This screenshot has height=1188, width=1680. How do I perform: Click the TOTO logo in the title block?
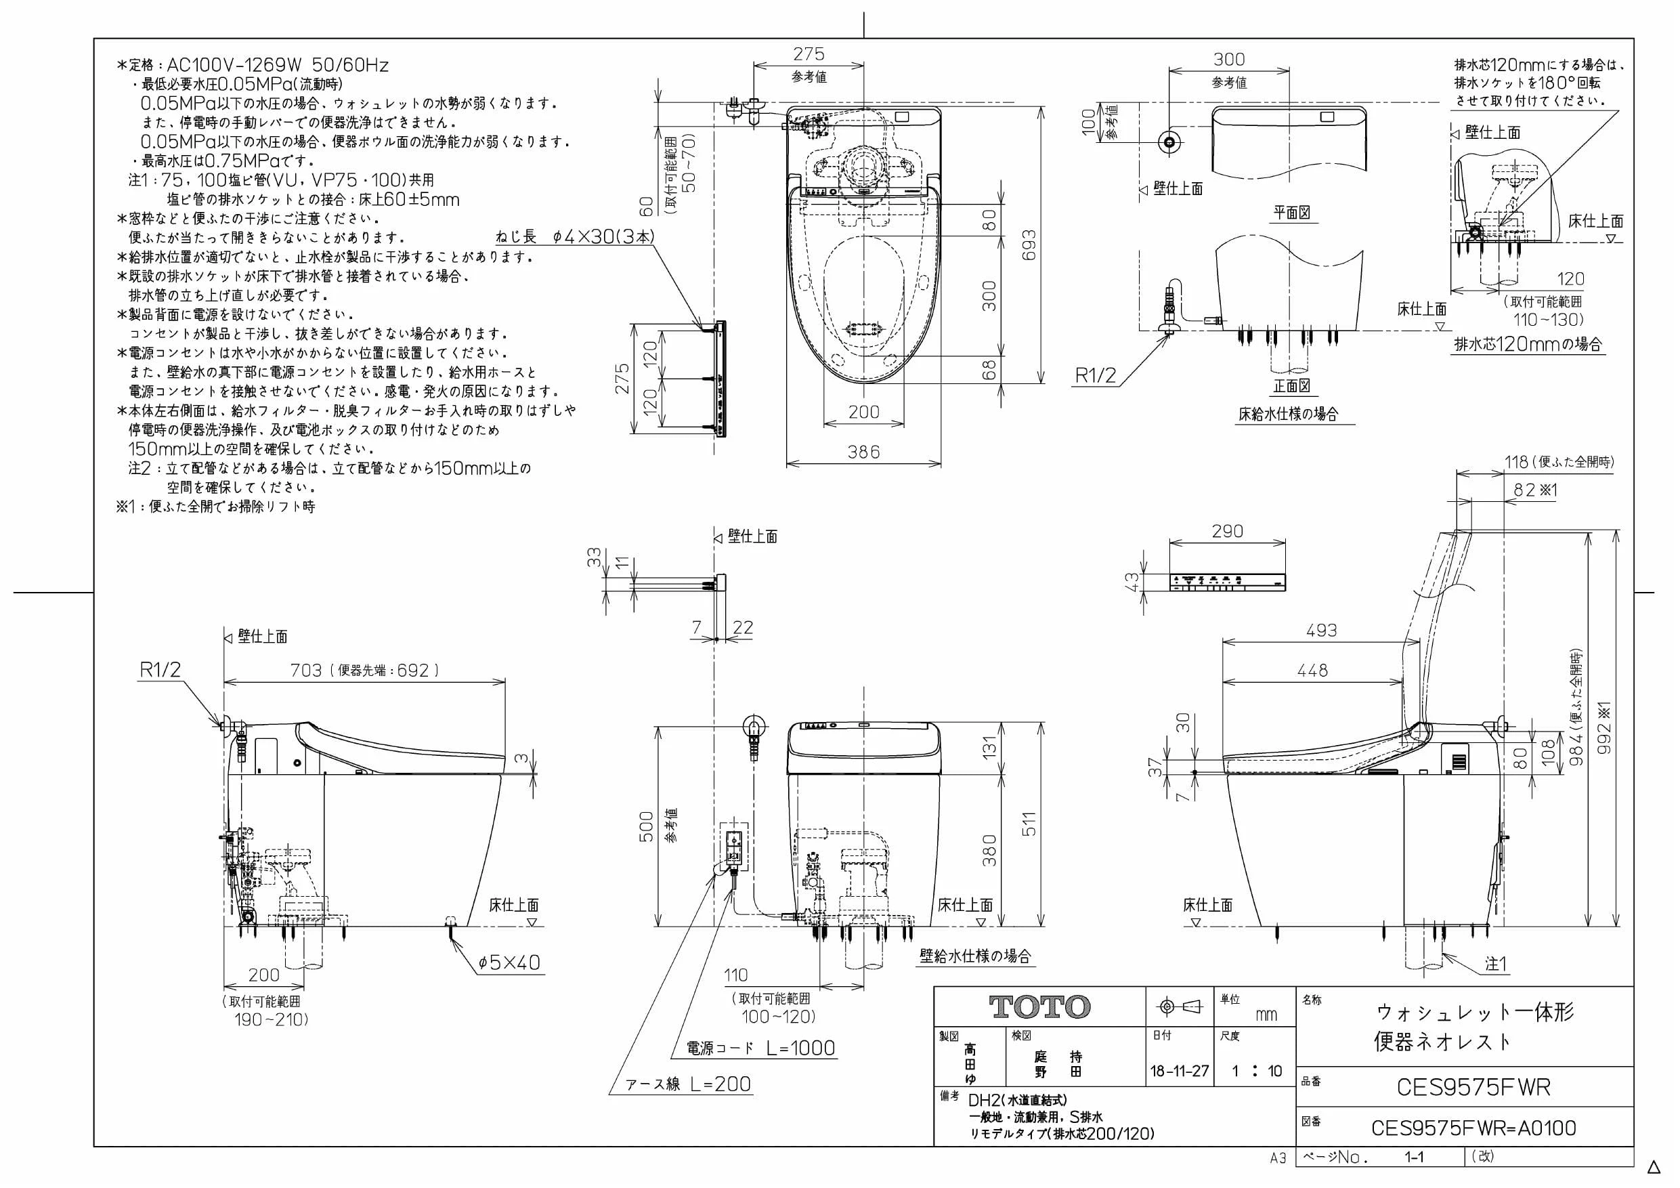pos(1039,1007)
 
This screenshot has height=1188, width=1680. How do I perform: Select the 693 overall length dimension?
pos(1029,247)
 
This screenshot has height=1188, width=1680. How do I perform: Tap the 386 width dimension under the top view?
pos(863,452)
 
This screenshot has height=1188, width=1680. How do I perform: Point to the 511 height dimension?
pos(1029,825)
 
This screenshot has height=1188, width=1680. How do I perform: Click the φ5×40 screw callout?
pos(509,962)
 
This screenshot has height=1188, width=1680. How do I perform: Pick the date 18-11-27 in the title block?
pos(1180,1072)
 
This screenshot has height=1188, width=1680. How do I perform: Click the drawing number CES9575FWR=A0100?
pos(1473,1128)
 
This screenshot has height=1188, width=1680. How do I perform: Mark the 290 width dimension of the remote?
pos(1227,532)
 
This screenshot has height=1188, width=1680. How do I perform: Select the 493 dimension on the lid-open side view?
pos(1322,630)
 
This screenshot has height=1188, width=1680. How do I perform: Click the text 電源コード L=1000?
pos(760,1048)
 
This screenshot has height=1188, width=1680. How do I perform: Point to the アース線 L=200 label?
pos(689,1084)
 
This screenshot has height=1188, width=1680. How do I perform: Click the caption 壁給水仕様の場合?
pos(975,956)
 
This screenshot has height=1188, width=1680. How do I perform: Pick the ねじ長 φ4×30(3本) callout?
pos(575,236)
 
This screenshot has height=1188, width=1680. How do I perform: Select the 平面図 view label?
pos(1291,212)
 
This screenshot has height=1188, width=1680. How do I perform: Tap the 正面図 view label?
pos(1291,386)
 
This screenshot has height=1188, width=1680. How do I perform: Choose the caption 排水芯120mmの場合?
pos(1528,344)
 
